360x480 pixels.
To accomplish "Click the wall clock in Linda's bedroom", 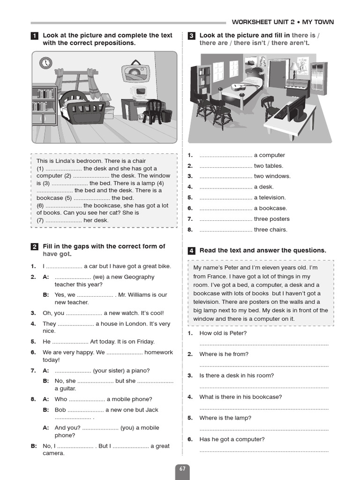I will tap(45, 62).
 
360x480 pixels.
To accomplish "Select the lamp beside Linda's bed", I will tap(106, 98).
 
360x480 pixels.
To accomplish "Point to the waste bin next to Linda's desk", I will tap(166, 115).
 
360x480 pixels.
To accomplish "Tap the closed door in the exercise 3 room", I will tap(277, 75).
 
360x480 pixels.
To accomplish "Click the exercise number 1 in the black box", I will tap(34, 36).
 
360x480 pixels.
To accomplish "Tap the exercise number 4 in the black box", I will tap(191, 251).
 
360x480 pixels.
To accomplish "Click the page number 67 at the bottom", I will tap(182, 469).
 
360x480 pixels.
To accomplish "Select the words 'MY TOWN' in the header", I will tap(318, 22).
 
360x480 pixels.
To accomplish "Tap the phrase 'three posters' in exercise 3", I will tap(271, 219).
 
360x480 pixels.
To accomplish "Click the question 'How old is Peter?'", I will tap(223, 333).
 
